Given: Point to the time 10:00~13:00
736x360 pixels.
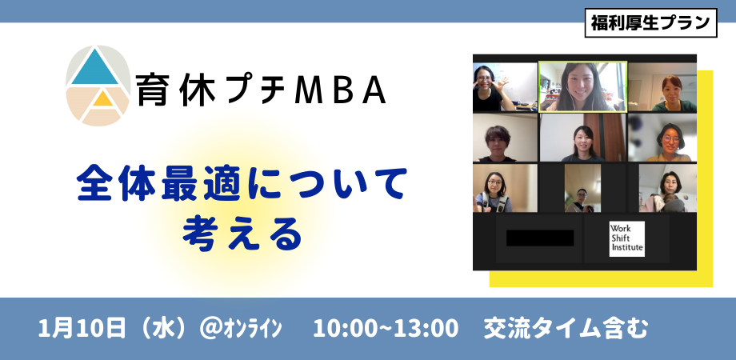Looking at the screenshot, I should pyautogui.click(x=386, y=329).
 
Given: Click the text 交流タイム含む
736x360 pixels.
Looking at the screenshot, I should pyautogui.click(x=566, y=329).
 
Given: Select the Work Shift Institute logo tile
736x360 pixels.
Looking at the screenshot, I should pyautogui.click(x=626, y=238).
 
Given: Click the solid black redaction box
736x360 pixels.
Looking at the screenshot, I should pyautogui.click(x=540, y=238).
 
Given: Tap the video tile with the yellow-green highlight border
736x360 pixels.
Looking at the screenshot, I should pyautogui.click(x=582, y=86).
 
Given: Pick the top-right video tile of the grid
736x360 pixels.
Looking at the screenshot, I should pyautogui.click(x=662, y=86).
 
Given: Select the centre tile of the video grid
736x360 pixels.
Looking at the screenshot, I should pyautogui.click(x=582, y=137).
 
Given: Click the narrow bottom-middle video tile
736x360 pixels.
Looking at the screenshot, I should pyautogui.click(x=582, y=189).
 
